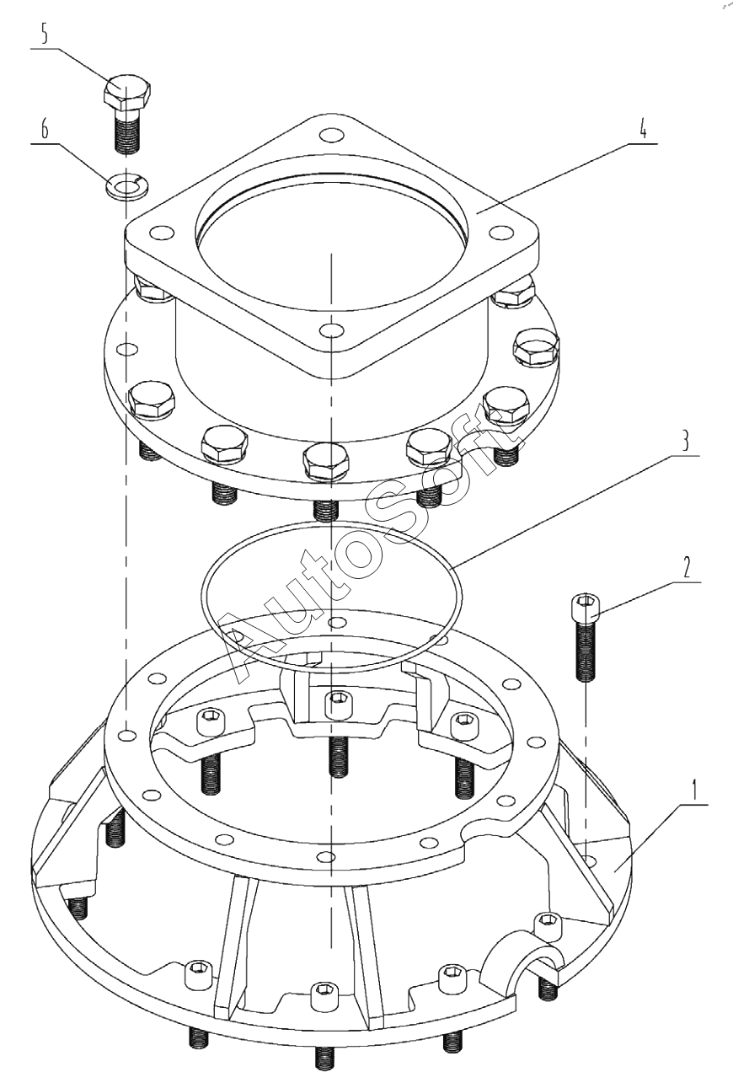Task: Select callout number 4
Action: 642,131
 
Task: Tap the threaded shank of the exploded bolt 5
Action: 127,131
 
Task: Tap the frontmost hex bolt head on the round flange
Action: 324,462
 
